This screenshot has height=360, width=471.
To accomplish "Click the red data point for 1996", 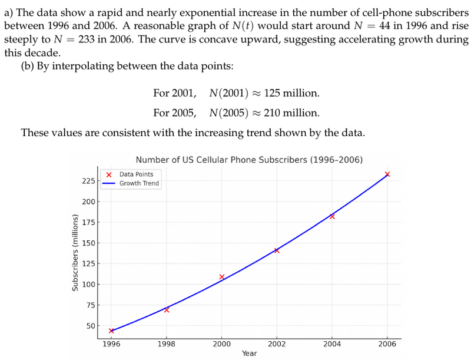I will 111,331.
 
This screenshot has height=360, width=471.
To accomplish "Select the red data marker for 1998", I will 167,310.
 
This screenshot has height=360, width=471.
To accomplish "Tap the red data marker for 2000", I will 222,277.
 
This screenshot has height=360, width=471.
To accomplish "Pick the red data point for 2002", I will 277,250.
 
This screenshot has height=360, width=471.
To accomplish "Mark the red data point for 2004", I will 332,216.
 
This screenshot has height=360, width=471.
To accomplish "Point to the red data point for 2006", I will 387,174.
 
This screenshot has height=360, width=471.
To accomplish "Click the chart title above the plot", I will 249,160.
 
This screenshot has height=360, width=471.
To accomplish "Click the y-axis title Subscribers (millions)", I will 75,253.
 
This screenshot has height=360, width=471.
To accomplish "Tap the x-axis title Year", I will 249,354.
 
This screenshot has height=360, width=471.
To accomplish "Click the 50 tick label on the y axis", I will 88,326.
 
